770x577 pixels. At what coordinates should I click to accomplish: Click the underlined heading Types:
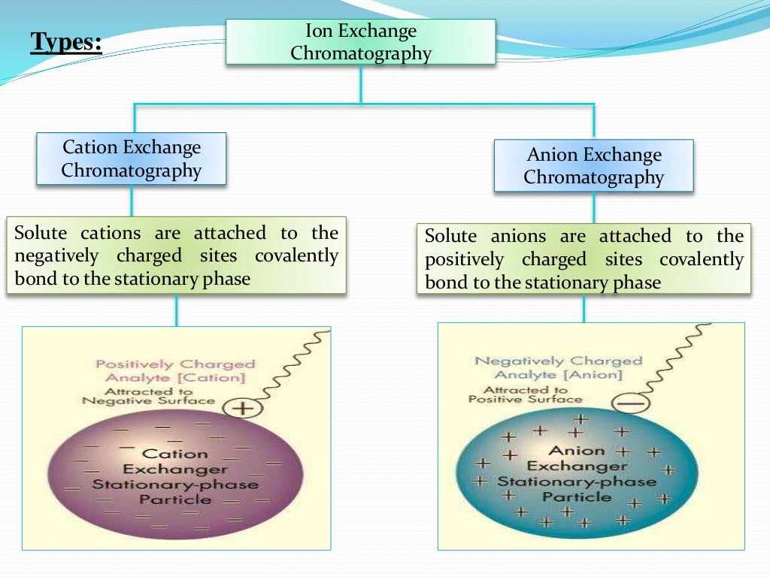click(66, 42)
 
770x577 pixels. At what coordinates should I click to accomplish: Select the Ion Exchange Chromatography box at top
click(361, 42)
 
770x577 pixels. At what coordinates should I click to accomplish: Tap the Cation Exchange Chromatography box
click(132, 159)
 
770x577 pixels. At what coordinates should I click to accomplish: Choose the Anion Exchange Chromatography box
click(593, 166)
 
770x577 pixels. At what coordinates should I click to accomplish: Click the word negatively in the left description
click(56, 256)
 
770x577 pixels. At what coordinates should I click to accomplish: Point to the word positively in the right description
click(464, 260)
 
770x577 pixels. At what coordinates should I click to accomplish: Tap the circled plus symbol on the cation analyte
click(242, 408)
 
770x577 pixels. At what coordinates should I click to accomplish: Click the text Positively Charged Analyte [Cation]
click(174, 371)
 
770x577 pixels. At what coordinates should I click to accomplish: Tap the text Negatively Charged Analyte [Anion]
click(558, 367)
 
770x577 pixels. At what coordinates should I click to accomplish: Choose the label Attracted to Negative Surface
click(148, 396)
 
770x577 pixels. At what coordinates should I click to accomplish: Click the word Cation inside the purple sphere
click(174, 453)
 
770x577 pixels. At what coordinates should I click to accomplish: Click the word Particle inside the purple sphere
click(174, 499)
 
